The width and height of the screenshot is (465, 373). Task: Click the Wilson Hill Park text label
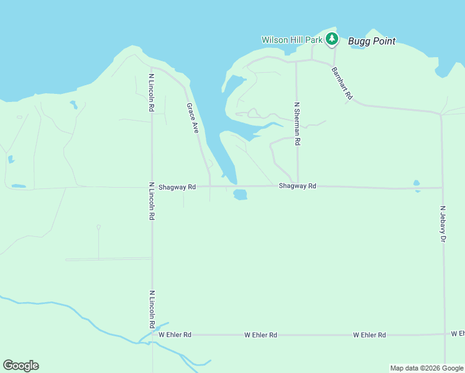click(292, 40)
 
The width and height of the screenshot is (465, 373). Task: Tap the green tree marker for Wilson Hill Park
click(332, 39)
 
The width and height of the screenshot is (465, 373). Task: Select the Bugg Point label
click(372, 42)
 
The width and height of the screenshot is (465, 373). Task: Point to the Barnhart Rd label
click(342, 83)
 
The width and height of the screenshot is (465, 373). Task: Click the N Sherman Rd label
click(297, 124)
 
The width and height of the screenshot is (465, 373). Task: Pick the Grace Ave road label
click(193, 119)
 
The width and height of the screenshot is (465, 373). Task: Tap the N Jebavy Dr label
click(443, 224)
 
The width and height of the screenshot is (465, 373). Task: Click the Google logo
click(21, 366)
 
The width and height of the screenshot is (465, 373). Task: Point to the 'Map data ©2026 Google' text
click(426, 368)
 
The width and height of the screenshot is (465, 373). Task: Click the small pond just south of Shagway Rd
click(240, 195)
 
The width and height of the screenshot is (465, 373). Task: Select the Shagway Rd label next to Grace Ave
click(177, 186)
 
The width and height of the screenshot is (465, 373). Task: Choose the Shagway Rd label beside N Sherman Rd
click(297, 186)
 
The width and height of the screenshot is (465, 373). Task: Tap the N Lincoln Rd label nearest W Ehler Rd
click(152, 309)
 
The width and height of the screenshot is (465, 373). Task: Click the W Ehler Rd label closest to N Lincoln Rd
click(175, 334)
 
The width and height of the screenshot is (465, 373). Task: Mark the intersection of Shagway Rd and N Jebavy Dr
click(443, 188)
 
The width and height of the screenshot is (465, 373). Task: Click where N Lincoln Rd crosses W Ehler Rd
click(152, 334)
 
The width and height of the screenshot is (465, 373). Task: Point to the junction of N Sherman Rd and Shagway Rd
click(297, 186)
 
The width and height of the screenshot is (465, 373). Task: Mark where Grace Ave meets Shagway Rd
click(209, 186)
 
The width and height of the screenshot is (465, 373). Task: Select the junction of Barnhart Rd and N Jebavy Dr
click(441, 114)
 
